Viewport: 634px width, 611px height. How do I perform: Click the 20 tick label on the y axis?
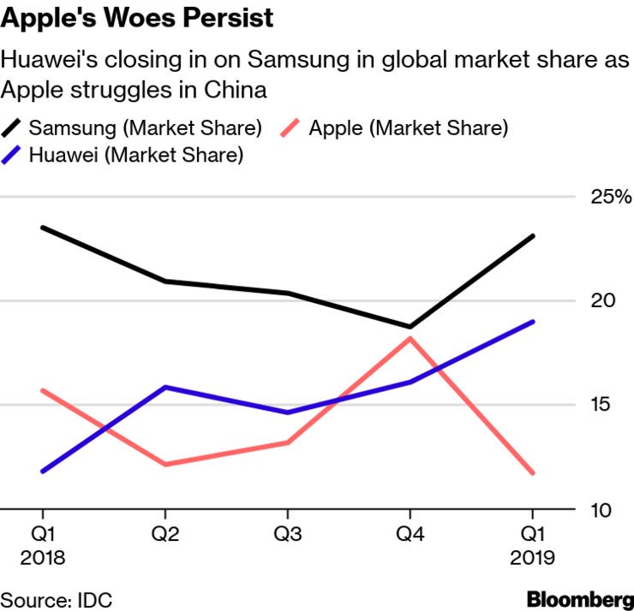point(603,301)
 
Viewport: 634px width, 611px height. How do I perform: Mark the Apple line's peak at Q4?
point(410,338)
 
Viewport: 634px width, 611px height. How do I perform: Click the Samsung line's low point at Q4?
point(410,327)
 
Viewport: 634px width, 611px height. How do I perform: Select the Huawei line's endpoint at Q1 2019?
point(534,322)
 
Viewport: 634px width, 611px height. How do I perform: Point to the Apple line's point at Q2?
point(164,465)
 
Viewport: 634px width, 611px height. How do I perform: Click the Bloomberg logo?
point(580,598)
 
